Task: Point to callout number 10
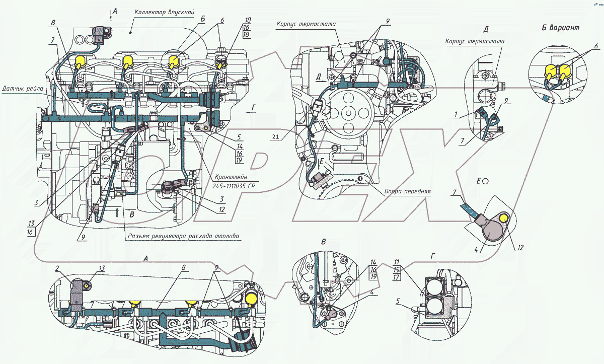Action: [x=248, y=20]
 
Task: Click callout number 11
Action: [x=397, y=262]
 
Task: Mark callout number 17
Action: [x=397, y=277]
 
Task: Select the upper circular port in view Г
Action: [x=433, y=288]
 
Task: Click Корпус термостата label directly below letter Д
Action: [x=475, y=41]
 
